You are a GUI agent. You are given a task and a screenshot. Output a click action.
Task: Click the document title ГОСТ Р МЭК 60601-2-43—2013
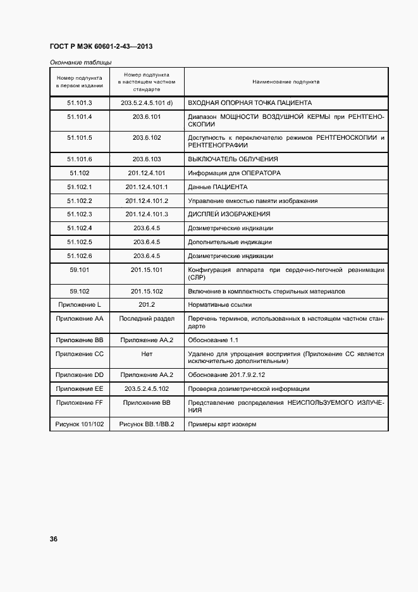point(101,47)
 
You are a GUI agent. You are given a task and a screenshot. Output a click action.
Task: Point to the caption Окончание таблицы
point(80,62)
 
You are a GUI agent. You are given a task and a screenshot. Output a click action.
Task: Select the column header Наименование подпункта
point(286,82)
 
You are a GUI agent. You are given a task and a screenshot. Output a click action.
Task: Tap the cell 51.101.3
point(80,102)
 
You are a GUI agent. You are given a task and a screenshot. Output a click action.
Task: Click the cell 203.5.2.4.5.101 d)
point(147,102)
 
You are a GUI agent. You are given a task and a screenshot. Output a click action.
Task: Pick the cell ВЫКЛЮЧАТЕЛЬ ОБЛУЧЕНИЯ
point(233,159)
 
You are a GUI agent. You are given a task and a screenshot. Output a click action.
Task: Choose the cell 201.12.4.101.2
point(147,200)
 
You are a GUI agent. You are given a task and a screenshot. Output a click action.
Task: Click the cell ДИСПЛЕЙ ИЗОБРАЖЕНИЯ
point(229,214)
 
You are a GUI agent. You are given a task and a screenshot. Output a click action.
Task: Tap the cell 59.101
point(80,270)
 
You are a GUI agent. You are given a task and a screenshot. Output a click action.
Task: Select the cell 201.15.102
point(147,291)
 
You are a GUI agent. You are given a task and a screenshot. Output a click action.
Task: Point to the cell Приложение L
point(80,305)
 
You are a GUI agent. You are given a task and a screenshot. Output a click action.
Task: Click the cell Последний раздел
point(147,319)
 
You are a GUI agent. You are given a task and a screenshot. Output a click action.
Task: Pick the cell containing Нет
point(147,354)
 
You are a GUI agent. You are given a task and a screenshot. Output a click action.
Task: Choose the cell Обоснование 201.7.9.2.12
point(226,374)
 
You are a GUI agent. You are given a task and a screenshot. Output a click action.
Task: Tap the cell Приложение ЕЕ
point(80,388)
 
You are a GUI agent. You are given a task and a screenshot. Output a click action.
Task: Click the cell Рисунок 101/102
point(80,423)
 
